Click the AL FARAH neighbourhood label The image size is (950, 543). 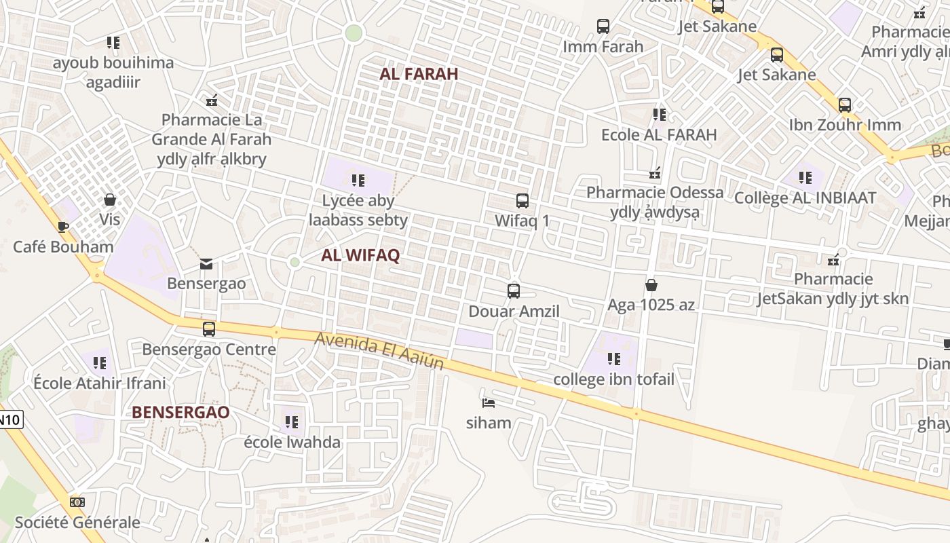419,74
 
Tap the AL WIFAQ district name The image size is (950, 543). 360,255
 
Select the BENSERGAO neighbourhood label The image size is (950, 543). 180,412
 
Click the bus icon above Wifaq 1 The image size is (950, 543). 522,201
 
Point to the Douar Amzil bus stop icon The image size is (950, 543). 514,291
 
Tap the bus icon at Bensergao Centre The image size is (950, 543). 209,329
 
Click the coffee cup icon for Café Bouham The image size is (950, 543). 63,226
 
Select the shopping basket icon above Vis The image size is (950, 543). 109,200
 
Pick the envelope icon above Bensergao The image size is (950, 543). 206,263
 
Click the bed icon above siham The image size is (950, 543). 488,402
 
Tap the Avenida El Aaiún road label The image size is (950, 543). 379,350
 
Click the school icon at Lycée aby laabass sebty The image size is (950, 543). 358,181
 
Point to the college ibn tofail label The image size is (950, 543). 614,379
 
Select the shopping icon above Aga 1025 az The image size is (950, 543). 651,285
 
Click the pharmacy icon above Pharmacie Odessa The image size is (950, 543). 655,173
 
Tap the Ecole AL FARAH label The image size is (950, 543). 659,134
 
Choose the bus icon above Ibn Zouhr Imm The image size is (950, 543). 845,105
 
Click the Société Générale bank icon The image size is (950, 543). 77,502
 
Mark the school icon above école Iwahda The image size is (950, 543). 292,422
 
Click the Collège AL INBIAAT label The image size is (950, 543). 805,198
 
